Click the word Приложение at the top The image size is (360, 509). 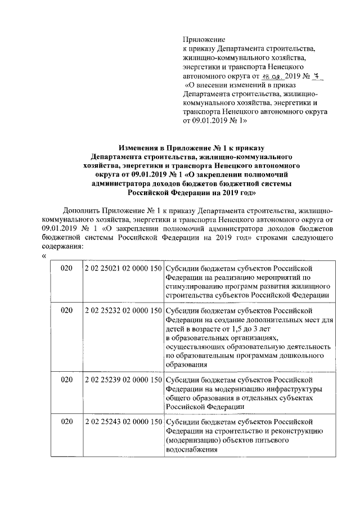204,40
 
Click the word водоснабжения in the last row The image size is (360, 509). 192,450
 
